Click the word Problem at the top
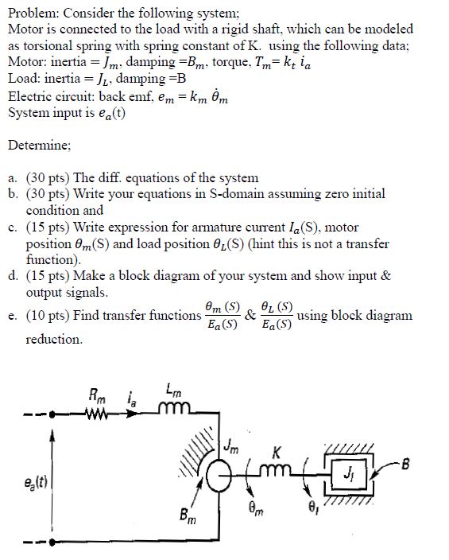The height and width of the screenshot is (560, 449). click(33, 11)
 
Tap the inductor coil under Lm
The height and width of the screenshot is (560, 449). click(173, 410)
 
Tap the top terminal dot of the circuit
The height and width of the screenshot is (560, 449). click(52, 414)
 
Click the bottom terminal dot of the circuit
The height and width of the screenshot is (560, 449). click(52, 546)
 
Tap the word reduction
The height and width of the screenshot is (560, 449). click(54, 340)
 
